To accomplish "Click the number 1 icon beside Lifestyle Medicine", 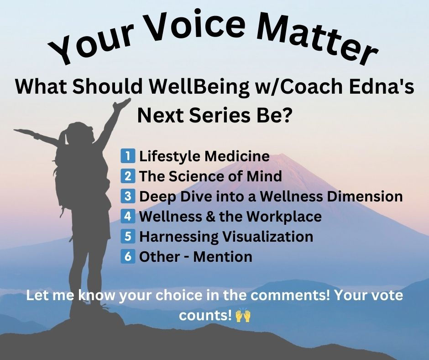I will tap(127, 156).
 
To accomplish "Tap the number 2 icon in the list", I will tap(127, 176).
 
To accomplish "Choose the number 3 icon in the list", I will tap(127, 196).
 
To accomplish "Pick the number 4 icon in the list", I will tap(127, 216).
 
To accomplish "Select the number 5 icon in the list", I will tap(127, 237).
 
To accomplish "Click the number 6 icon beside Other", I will tap(127, 256).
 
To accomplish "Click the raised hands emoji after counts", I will tap(243, 316).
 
